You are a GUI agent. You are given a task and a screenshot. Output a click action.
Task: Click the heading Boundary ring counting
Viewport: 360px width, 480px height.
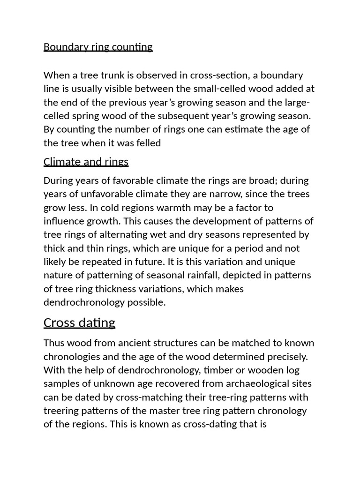[x=98, y=47]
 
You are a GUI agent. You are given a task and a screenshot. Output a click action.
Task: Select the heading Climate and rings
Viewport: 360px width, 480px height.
[x=86, y=162]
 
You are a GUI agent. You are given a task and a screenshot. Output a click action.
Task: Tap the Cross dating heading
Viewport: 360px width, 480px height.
[x=79, y=322]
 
